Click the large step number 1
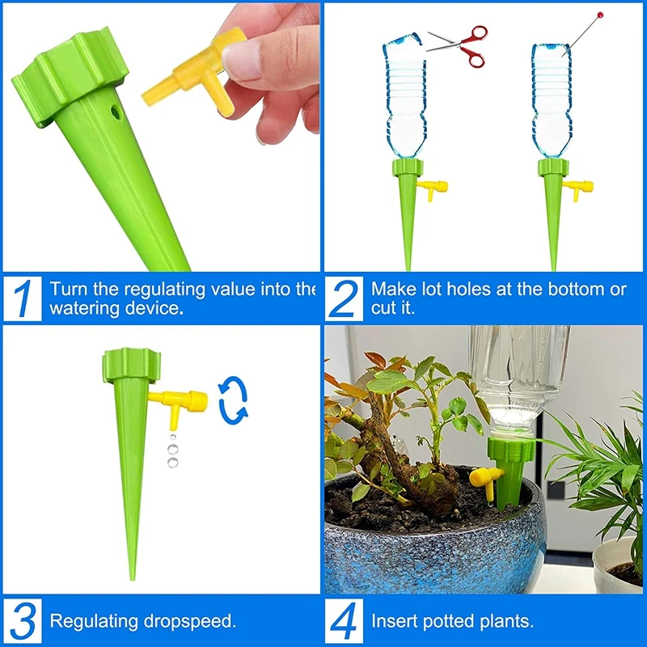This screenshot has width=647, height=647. click(x=24, y=299)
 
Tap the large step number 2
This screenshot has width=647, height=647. click(x=346, y=299)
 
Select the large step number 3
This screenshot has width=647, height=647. click(x=24, y=621)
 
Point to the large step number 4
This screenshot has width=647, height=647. click(x=346, y=621)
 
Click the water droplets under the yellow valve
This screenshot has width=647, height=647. click(x=171, y=450)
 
